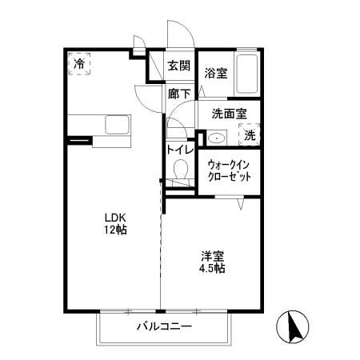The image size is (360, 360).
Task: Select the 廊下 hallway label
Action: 179,94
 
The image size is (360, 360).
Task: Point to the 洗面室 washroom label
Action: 229,114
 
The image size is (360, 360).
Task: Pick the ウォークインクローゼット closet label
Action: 230,170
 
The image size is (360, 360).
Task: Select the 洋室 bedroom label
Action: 212,256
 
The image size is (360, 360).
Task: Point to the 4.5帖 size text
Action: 212,269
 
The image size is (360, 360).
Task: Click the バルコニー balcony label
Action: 163,326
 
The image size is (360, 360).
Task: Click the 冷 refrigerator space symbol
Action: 79,62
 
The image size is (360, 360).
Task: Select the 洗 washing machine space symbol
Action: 250,136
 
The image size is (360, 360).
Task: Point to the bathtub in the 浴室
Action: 248,74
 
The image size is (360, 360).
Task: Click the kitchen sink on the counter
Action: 118,126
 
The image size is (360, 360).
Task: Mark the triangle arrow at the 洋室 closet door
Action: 240,205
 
